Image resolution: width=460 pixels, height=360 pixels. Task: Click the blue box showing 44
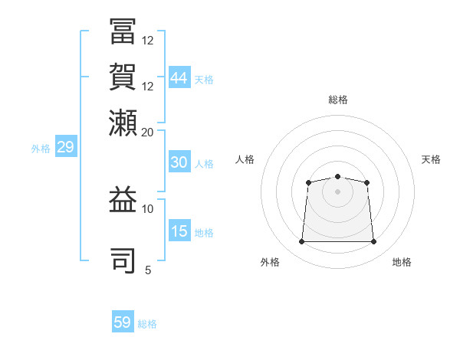179,78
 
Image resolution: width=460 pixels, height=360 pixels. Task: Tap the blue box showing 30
179,162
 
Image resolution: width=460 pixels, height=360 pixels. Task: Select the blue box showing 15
179,231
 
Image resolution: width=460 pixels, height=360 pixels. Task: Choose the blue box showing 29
65,147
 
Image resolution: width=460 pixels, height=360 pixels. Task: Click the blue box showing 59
123,322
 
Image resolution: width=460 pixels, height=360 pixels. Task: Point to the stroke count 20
148,132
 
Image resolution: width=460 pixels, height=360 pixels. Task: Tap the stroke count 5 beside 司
148,270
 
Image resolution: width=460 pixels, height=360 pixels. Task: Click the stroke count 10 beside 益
148,208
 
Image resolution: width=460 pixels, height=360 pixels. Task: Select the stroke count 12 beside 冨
148,40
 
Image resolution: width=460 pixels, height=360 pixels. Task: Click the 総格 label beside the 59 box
148,324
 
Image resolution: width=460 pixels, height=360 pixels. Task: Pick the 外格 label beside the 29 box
41,149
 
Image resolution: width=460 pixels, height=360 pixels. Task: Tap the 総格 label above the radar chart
337,100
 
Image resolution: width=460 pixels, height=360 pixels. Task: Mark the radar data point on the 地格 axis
374,242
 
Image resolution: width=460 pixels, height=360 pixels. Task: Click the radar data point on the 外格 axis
301,242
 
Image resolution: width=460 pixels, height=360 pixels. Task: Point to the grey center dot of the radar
337,191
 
